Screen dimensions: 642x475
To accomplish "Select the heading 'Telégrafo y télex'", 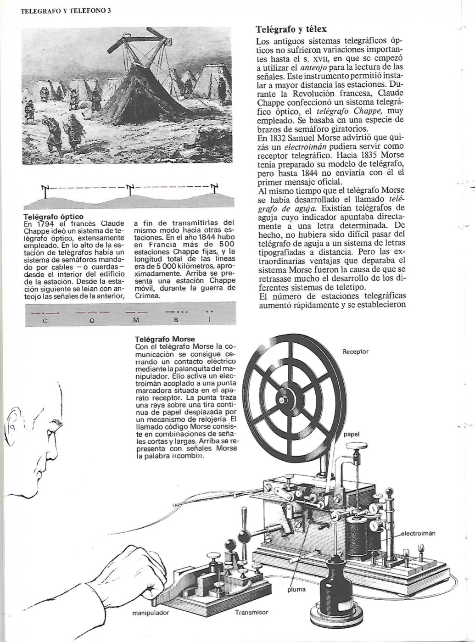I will pyautogui.click(x=291, y=29).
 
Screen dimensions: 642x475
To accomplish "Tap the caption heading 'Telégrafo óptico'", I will pyautogui.click(x=53, y=216).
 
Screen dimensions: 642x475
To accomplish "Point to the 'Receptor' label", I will pyautogui.click(x=355, y=352).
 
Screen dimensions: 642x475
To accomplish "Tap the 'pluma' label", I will pyautogui.click(x=296, y=589).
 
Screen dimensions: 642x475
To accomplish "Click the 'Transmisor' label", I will pyautogui.click(x=251, y=612).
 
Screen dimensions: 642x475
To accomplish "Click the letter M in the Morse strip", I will pyautogui.click(x=136, y=321).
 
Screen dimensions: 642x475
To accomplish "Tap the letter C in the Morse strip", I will pyautogui.click(x=45, y=321).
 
